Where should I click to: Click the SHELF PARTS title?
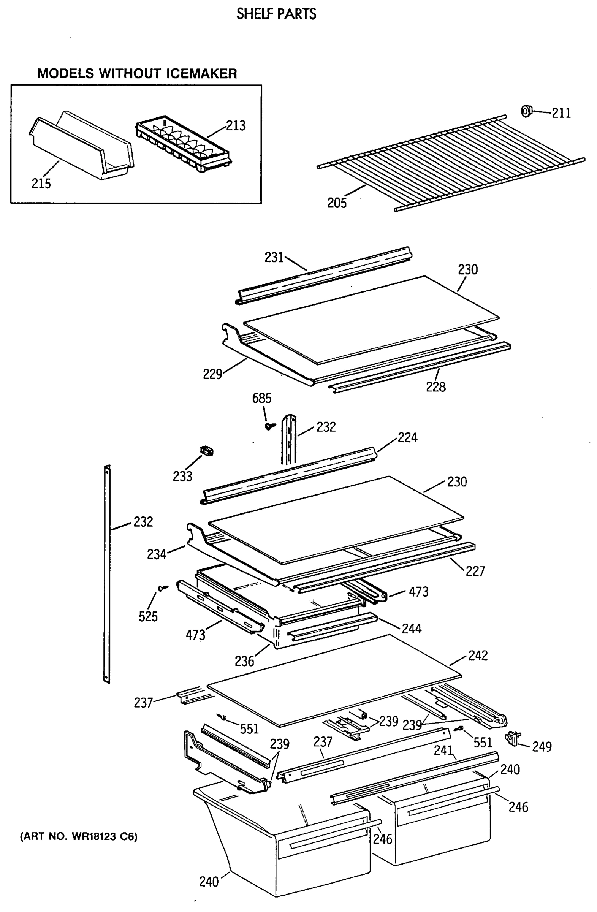click(x=276, y=14)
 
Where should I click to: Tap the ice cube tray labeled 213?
click(x=183, y=143)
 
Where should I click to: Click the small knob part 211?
click(x=527, y=111)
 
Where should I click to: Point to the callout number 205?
click(x=336, y=203)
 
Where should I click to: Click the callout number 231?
click(x=274, y=257)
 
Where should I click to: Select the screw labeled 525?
click(x=163, y=587)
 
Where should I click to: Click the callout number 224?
click(x=407, y=437)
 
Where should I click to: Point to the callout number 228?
click(x=435, y=386)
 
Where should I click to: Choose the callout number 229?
click(x=212, y=374)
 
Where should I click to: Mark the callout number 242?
click(x=477, y=655)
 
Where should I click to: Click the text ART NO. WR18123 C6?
click(x=78, y=836)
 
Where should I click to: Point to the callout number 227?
click(x=475, y=572)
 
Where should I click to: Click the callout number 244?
click(x=411, y=629)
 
